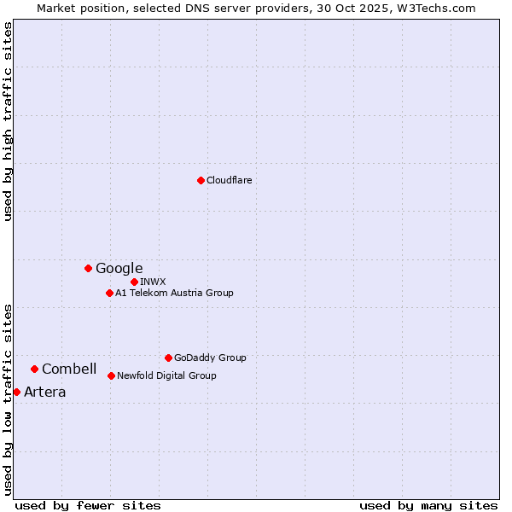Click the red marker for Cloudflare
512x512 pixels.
(201, 180)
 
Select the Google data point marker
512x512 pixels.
(88, 268)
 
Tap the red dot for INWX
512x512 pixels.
(134, 282)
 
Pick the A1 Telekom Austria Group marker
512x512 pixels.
(109, 293)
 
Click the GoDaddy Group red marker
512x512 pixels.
(168, 358)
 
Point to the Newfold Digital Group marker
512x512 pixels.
(111, 375)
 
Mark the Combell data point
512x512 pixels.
(34, 369)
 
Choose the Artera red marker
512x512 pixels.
(16, 392)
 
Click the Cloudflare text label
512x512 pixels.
(229, 180)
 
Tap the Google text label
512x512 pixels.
(119, 268)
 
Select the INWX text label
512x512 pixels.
(153, 282)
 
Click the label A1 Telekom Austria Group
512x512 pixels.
(174, 293)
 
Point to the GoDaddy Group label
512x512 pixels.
(210, 358)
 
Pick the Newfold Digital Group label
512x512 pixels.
(166, 375)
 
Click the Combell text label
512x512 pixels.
(69, 369)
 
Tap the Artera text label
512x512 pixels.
(44, 392)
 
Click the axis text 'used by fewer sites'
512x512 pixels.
(88, 505)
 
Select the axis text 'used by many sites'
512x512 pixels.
(428, 505)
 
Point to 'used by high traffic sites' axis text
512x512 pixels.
(8, 121)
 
